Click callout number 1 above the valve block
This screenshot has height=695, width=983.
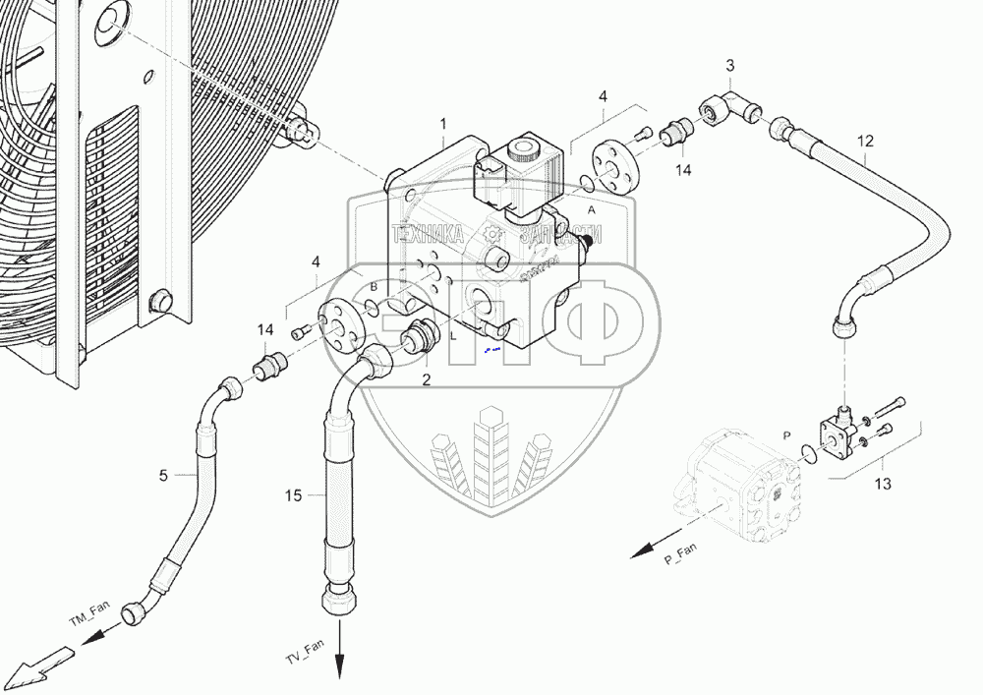442,124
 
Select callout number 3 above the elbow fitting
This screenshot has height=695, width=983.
729,66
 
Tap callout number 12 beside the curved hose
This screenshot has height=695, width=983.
864,141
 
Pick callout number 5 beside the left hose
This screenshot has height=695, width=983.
163,476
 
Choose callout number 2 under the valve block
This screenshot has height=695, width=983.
427,378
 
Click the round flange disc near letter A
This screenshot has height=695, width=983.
615,170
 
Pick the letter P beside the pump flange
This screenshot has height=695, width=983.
785,434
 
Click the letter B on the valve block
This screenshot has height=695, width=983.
374,286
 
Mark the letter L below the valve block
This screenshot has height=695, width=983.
453,335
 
